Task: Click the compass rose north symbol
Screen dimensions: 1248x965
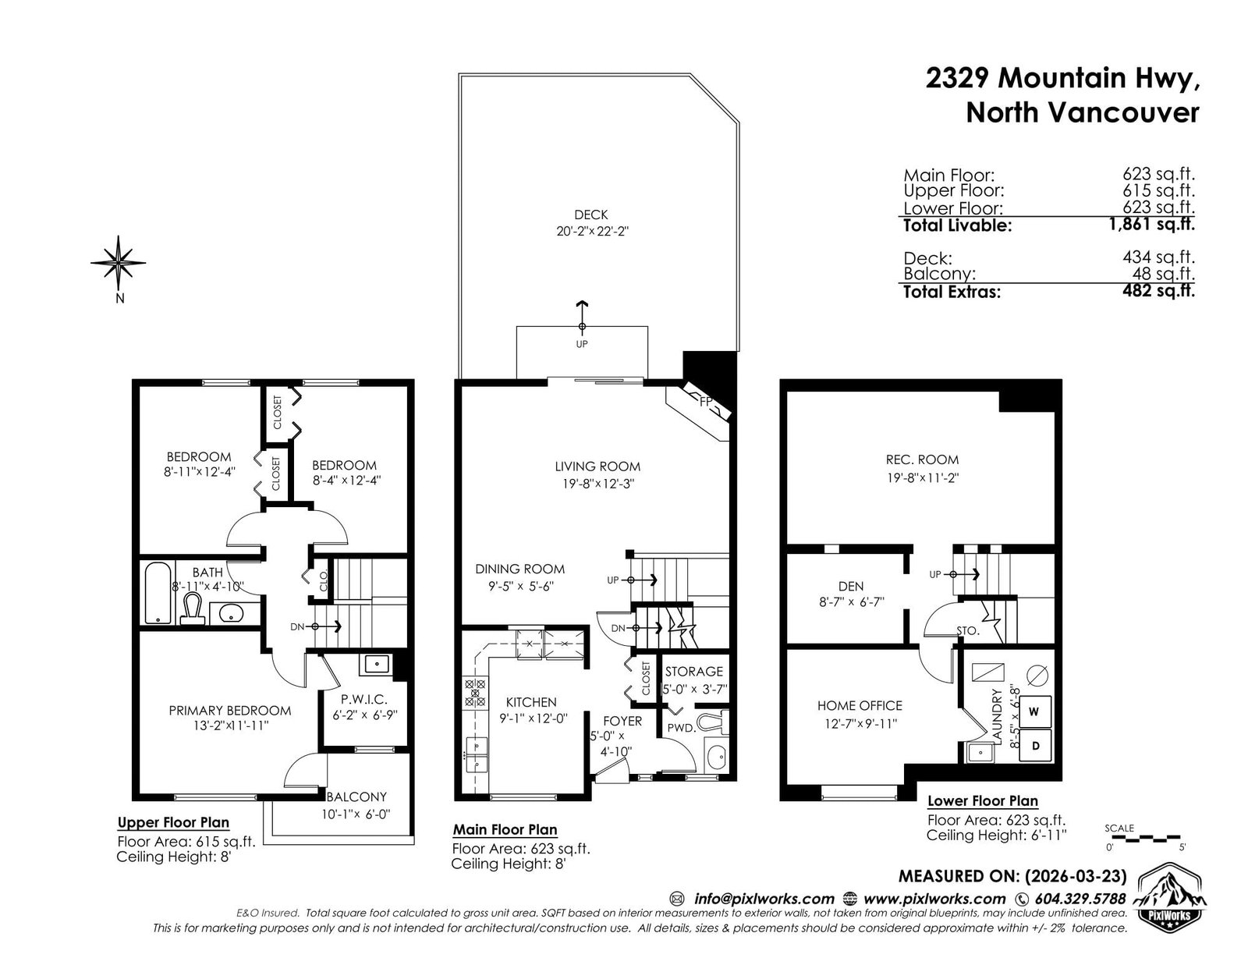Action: click(119, 264)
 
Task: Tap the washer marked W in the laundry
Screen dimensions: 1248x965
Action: click(1034, 711)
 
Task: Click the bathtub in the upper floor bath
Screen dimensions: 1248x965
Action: click(158, 594)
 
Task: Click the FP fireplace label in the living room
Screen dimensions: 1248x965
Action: click(706, 402)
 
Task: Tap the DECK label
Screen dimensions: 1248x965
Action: click(591, 215)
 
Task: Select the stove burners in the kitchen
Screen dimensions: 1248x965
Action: click(475, 692)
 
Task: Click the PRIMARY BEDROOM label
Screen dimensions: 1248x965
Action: click(230, 711)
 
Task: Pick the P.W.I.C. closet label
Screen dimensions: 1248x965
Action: click(364, 699)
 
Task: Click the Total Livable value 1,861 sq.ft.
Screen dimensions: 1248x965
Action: click(1151, 223)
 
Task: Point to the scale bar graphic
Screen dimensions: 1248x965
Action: click(1143, 839)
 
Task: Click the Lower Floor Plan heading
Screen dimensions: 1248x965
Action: click(983, 800)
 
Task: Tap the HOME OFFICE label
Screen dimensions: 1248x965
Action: click(860, 705)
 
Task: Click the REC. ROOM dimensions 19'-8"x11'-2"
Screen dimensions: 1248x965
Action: click(923, 477)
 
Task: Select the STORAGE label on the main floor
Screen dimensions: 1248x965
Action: click(693, 672)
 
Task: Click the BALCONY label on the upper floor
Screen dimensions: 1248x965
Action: click(356, 796)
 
